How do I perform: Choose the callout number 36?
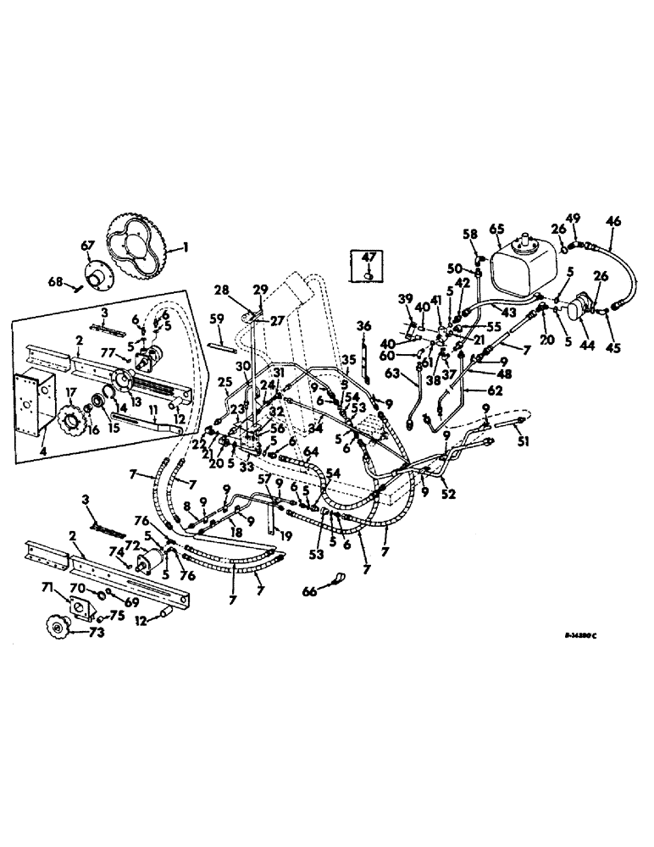pos(364,326)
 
